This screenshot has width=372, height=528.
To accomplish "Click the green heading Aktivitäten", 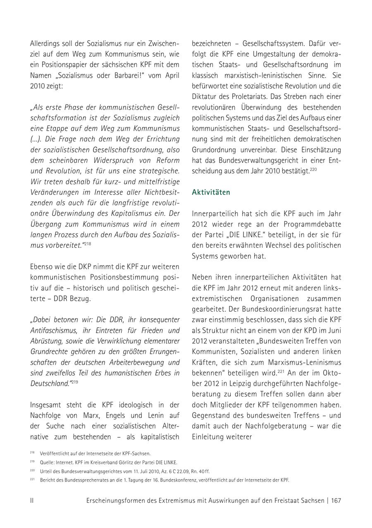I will tap(211, 192).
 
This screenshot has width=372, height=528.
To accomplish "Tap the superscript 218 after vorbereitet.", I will tap(88, 244).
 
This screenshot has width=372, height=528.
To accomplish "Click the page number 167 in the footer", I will tap(336, 500).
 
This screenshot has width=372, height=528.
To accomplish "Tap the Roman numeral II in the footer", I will tap(32, 500).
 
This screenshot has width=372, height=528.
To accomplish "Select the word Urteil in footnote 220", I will tap(46, 471).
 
